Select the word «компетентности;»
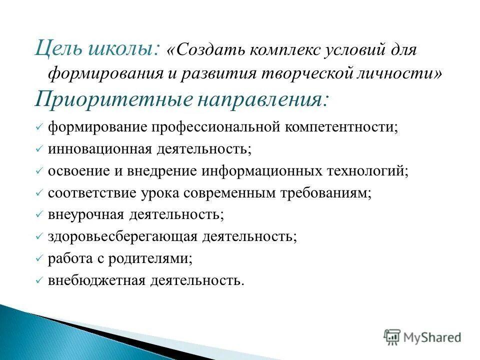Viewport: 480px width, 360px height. click(341, 127)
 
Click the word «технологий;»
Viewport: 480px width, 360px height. click(367, 171)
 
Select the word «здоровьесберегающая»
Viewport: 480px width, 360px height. click(123, 236)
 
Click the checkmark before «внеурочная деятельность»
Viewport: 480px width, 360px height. click(39, 215)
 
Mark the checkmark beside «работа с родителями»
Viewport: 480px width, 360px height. click(39, 259)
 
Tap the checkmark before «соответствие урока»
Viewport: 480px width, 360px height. click(39, 193)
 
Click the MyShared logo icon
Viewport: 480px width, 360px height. click(392, 337)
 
